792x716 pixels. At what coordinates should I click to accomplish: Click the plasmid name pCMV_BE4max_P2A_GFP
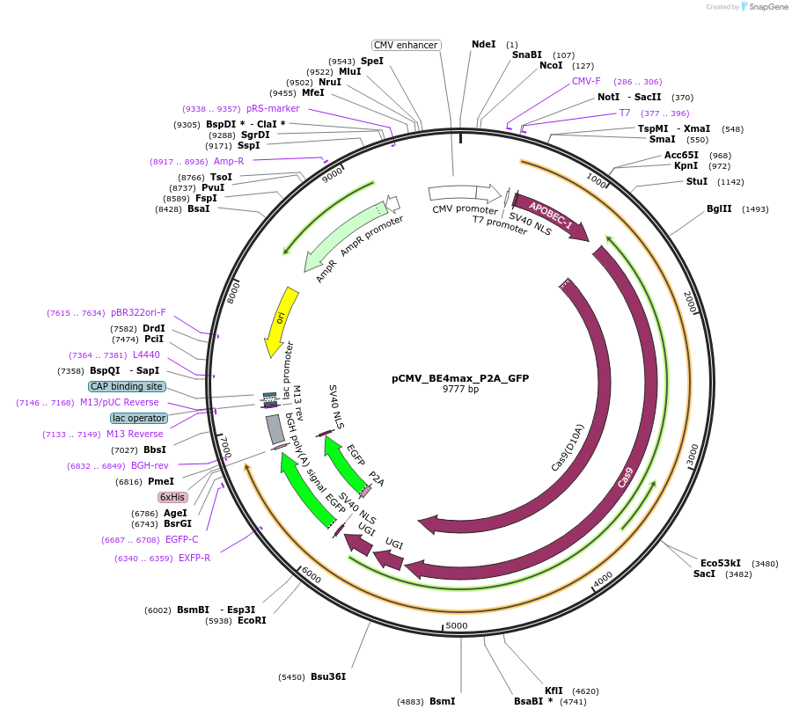click(460, 378)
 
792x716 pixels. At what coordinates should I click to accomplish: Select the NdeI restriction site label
click(483, 44)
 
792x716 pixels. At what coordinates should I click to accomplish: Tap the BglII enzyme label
click(719, 209)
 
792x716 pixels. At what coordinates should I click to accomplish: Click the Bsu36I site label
click(327, 676)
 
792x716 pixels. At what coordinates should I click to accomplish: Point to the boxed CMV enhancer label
click(406, 45)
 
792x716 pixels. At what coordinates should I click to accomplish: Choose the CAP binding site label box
click(126, 386)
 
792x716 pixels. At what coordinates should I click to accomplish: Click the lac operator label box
click(138, 418)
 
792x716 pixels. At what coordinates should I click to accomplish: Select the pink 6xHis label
click(172, 497)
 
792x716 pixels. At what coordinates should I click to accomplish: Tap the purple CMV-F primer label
click(586, 81)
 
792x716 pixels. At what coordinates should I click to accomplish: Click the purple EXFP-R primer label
click(194, 558)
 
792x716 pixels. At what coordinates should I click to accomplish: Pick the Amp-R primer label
click(228, 161)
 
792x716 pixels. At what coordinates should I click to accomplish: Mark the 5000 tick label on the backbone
click(456, 625)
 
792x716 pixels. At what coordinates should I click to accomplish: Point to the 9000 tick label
click(332, 176)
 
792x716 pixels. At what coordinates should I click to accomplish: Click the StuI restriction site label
click(696, 181)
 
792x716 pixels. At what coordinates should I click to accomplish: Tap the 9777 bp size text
click(460, 389)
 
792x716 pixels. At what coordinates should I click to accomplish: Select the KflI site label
click(554, 691)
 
